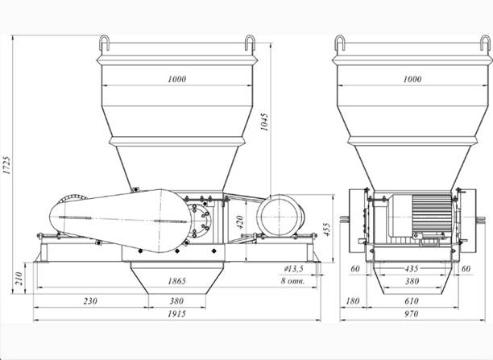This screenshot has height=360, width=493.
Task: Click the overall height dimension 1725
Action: (x=7, y=164)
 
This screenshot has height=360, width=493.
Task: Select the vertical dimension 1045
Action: (x=264, y=122)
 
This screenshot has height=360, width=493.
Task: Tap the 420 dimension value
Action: (x=239, y=222)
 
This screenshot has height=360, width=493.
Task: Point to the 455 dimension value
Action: (x=327, y=230)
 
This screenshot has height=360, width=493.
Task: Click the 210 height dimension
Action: (x=19, y=279)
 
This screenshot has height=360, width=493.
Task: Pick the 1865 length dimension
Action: (x=176, y=281)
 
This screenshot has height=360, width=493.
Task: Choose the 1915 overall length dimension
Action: (x=176, y=313)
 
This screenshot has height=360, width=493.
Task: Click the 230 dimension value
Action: (x=90, y=301)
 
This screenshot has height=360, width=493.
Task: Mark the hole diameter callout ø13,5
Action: (x=293, y=268)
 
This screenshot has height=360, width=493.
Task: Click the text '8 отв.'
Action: (x=292, y=281)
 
